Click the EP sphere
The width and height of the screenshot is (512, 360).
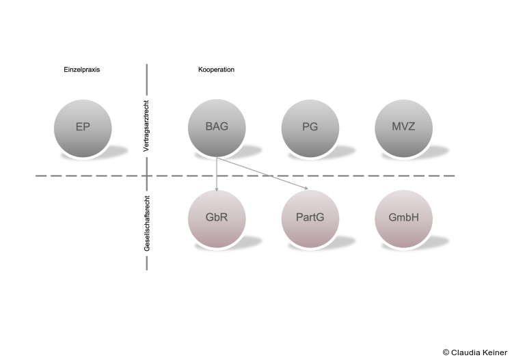coord(83,128)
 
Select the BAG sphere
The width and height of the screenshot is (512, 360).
coord(216,128)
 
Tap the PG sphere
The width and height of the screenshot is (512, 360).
coord(310,128)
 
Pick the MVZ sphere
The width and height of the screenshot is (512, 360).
coord(403,128)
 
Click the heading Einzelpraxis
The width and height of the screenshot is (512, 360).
coord(82,70)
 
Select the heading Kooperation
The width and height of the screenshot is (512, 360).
coord(216,70)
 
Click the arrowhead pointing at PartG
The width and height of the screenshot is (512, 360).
coord(306,189)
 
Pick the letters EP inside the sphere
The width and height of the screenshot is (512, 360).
coord(83,128)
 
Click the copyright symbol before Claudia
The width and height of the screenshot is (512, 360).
coord(446,352)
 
